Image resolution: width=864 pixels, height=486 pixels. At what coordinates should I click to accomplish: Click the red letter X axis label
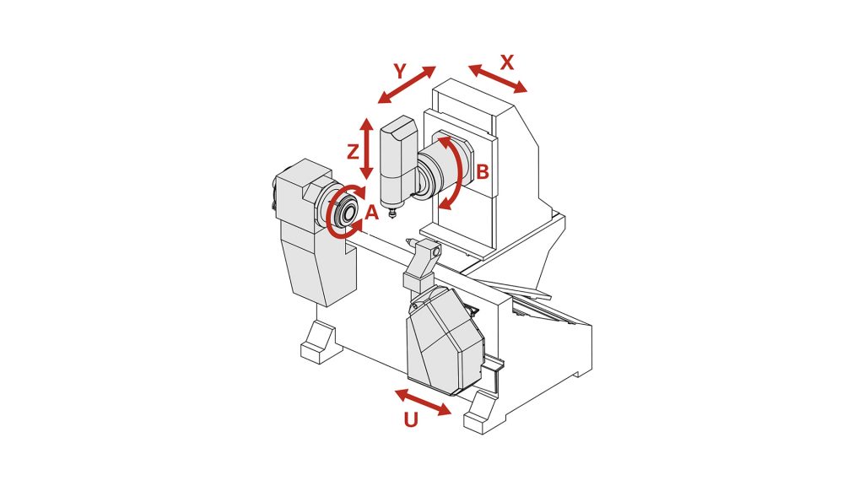click(x=506, y=62)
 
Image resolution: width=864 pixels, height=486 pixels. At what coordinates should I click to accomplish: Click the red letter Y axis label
click(x=401, y=71)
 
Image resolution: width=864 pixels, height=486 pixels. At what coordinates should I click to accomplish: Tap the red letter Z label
click(x=354, y=152)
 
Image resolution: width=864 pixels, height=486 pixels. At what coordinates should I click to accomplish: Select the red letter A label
click(x=372, y=212)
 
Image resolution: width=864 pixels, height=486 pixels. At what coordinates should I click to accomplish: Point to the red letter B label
click(x=482, y=172)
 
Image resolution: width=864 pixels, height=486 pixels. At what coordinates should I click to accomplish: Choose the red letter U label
click(x=411, y=420)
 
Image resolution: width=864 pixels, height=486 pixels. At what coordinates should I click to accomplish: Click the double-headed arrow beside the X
click(x=498, y=78)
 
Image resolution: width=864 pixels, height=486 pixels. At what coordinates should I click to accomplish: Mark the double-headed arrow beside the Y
click(x=408, y=85)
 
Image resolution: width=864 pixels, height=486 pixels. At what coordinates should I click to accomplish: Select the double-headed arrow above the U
click(x=424, y=402)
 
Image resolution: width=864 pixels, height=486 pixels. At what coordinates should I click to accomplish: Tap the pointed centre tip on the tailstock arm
click(x=410, y=240)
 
